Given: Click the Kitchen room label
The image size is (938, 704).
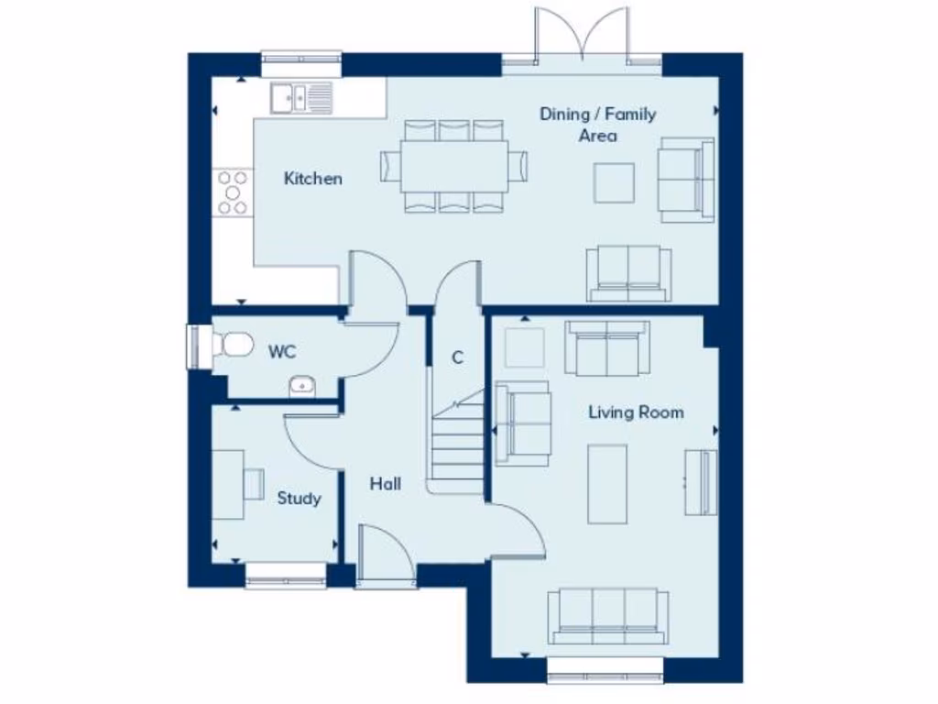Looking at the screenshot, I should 312,179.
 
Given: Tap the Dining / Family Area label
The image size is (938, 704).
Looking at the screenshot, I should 597,125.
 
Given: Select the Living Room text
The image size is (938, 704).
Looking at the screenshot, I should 635,412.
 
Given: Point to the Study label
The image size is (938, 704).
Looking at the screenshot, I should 299,499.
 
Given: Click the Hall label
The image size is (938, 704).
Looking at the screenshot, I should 385,484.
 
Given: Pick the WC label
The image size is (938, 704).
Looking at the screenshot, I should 282,351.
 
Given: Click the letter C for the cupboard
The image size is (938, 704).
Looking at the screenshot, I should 457,357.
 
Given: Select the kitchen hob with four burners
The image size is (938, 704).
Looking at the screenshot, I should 233,192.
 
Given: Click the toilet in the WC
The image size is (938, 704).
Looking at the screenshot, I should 234,345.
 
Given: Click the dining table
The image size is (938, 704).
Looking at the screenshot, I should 453,166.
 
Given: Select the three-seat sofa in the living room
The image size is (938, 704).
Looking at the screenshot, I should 607,616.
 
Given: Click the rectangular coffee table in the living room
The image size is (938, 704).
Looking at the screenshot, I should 607,484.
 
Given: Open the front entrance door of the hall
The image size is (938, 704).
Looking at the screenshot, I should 385,555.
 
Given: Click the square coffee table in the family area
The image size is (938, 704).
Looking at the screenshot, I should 614,182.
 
